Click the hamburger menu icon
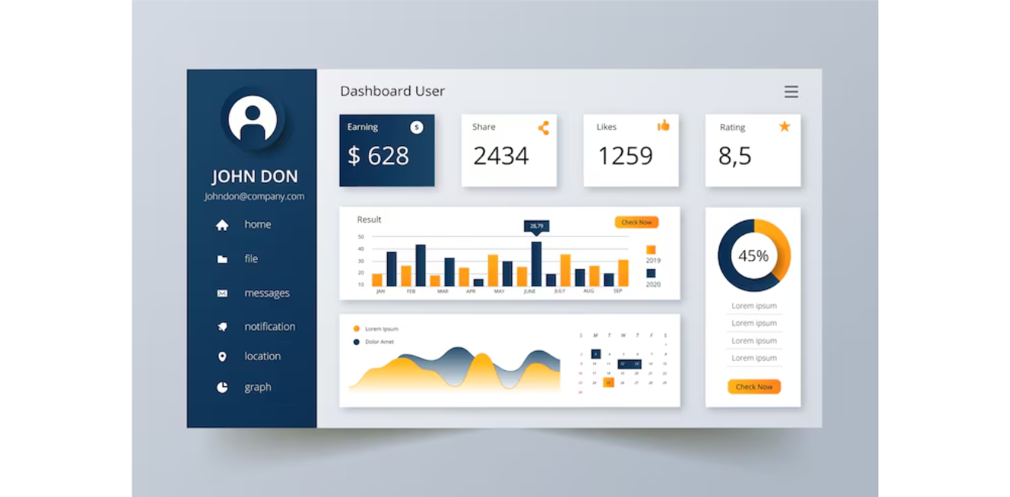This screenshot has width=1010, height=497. click(791, 92)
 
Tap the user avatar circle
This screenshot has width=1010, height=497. click(252, 119)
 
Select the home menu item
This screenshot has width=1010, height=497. click(257, 225)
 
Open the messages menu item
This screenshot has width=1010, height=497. click(266, 294)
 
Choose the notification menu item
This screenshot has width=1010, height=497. click(269, 326)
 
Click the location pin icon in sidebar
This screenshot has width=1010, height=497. click(222, 357)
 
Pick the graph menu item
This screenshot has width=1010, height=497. click(257, 388)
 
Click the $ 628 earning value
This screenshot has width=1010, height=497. click(378, 156)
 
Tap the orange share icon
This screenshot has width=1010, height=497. click(543, 128)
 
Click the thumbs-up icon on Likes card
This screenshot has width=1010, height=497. click(663, 125)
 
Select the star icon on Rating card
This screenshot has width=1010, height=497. click(784, 126)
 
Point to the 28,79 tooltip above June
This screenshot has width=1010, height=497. click(536, 226)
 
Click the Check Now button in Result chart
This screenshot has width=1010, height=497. click(636, 223)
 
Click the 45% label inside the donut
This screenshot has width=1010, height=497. click(753, 256)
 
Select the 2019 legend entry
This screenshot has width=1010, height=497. click(652, 254)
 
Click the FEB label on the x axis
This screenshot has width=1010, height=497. click(411, 291)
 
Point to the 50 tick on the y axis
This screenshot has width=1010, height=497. click(361, 237)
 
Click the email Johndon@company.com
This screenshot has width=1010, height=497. click(254, 197)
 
